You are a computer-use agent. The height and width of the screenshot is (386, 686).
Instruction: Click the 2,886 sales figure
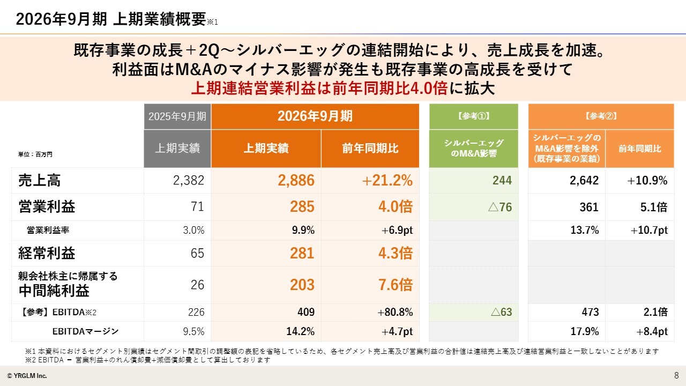pyautogui.click(x=296, y=180)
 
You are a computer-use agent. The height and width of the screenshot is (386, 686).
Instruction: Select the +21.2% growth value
pyautogui.click(x=387, y=180)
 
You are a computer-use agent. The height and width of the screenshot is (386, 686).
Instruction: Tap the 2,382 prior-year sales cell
pyautogui.click(x=188, y=180)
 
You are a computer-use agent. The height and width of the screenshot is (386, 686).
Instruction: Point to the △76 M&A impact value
pyautogui.click(x=500, y=207)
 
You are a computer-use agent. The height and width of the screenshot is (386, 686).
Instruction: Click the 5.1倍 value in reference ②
pyautogui.click(x=653, y=207)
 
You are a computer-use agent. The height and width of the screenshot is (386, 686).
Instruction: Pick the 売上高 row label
pyautogui.click(x=40, y=180)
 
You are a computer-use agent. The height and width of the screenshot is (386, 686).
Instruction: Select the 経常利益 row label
pyautogui.click(x=47, y=253)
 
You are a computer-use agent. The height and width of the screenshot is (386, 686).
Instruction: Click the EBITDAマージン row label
pyautogui.click(x=85, y=331)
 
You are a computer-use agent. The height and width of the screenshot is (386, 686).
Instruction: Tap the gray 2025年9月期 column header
pyautogui.click(x=177, y=116)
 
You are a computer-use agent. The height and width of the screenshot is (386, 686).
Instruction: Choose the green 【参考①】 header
pyautogui.click(x=473, y=116)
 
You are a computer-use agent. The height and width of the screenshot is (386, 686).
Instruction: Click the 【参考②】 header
pyautogui.click(x=601, y=116)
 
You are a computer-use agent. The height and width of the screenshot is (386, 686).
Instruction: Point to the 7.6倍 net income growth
pyautogui.click(x=396, y=285)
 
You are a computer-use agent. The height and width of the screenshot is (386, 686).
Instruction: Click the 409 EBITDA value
pyautogui.click(x=306, y=312)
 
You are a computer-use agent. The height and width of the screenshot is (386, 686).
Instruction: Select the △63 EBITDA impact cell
pyautogui.click(x=501, y=312)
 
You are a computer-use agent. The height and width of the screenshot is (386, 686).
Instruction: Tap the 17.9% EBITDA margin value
pyautogui.click(x=584, y=331)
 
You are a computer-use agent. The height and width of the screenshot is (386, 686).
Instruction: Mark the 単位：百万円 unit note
pyautogui.click(x=35, y=154)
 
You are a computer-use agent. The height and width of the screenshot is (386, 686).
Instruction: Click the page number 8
pyautogui.click(x=676, y=375)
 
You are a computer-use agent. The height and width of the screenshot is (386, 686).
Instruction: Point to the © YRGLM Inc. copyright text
pyautogui.click(x=27, y=376)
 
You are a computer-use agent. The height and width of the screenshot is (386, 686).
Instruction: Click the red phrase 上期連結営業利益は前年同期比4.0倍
pyautogui.click(x=319, y=88)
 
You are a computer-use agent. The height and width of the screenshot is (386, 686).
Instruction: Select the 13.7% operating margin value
pyautogui.click(x=584, y=230)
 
